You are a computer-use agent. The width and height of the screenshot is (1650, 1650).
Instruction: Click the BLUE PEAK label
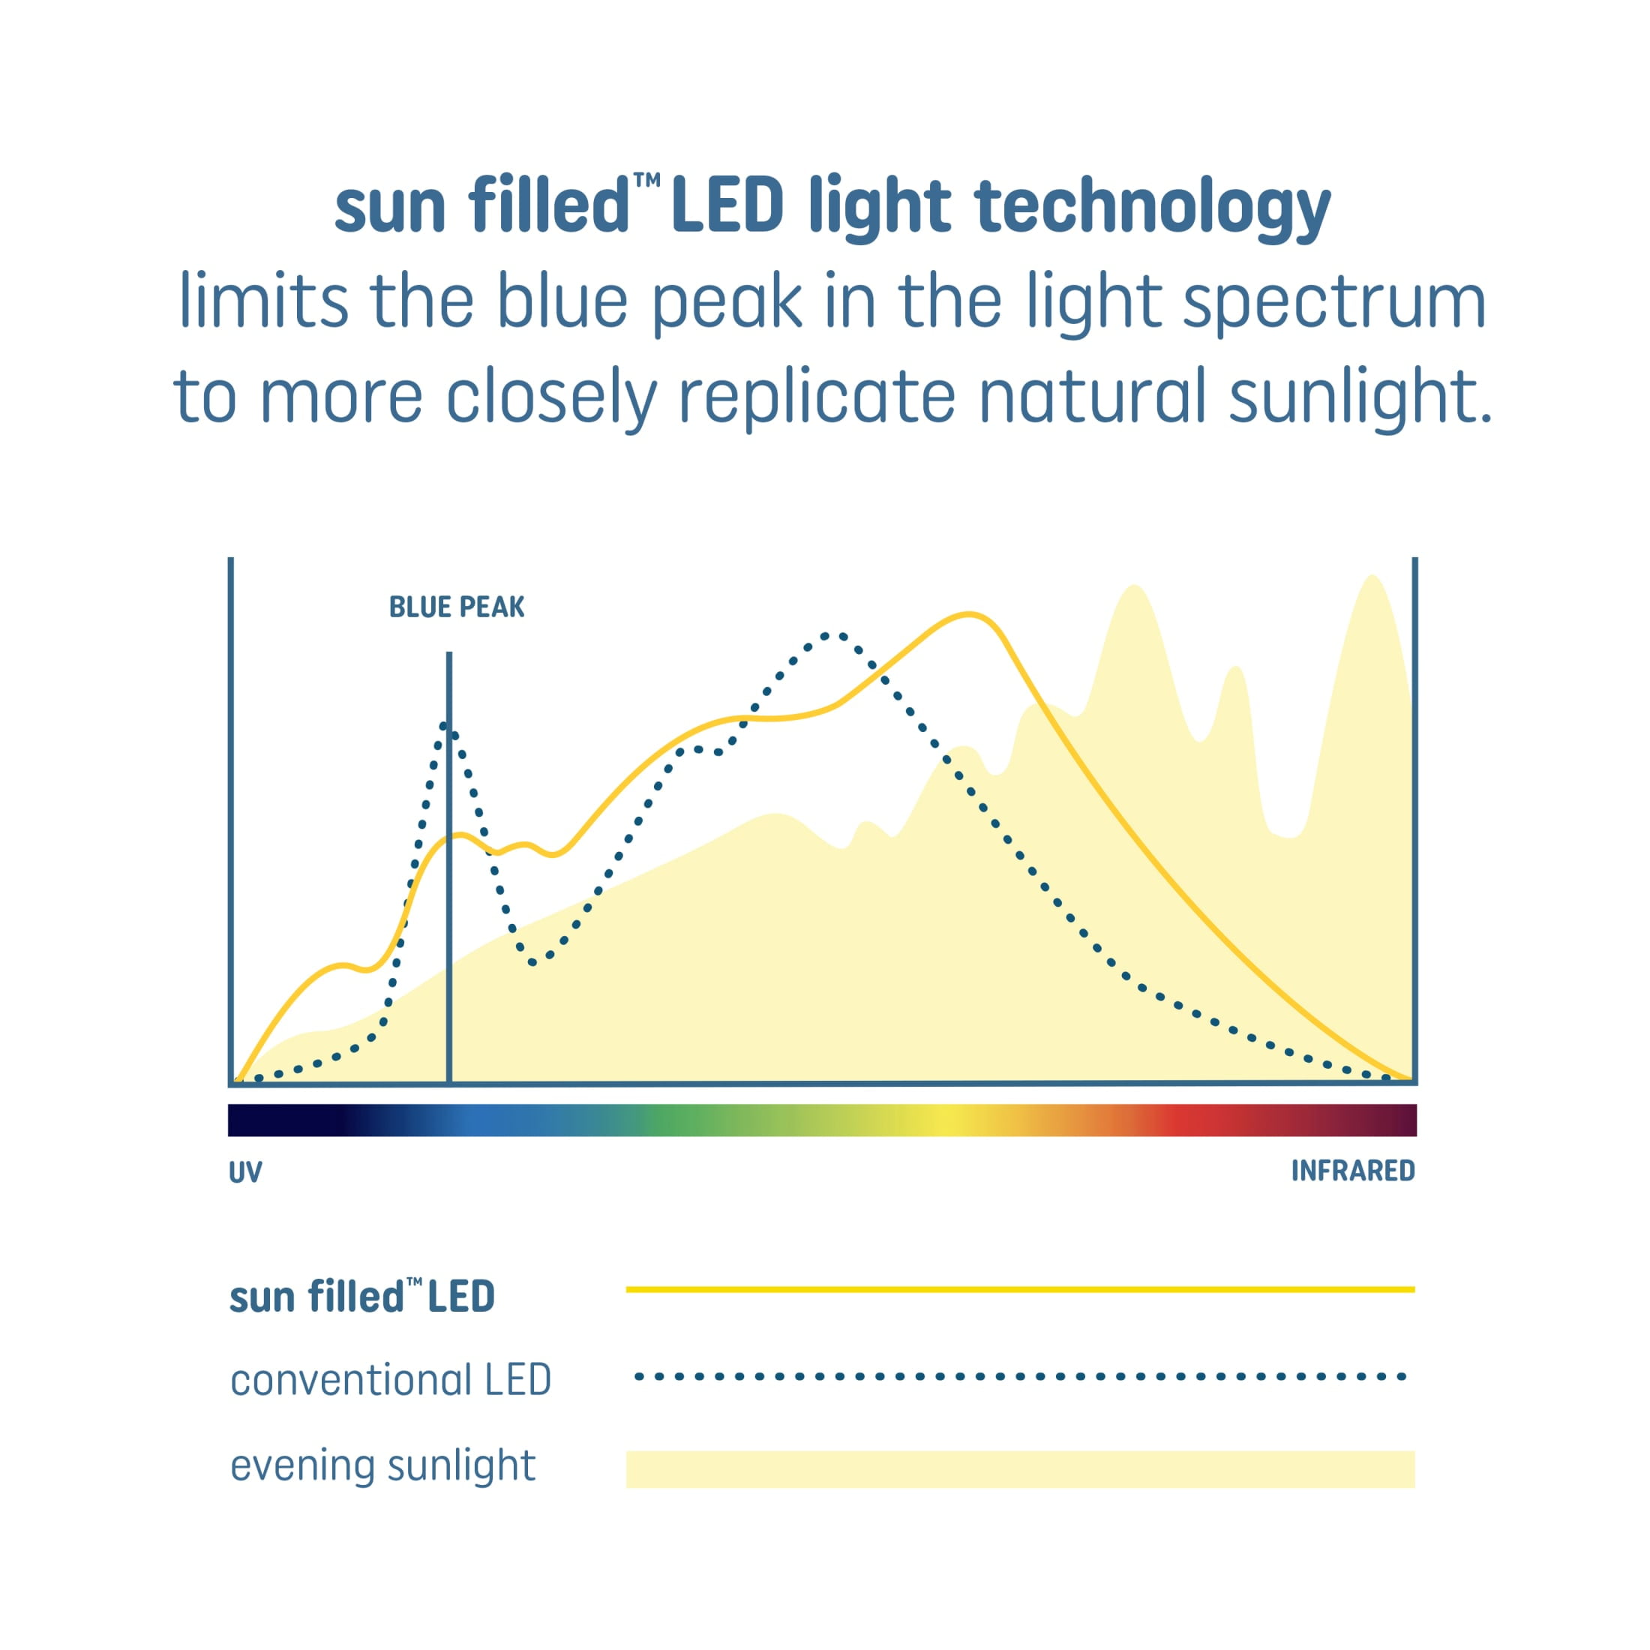(457, 607)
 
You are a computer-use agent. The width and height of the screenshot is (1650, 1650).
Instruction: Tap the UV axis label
(245, 1171)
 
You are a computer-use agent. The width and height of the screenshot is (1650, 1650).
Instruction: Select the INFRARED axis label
(1353, 1171)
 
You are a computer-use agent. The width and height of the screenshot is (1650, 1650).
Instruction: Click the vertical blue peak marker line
(449, 868)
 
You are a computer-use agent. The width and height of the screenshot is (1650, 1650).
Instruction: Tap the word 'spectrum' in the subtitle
(1334, 303)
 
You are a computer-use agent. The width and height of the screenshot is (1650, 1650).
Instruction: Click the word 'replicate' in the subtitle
(817, 397)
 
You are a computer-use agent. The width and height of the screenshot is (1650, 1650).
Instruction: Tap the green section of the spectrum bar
(675, 1120)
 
